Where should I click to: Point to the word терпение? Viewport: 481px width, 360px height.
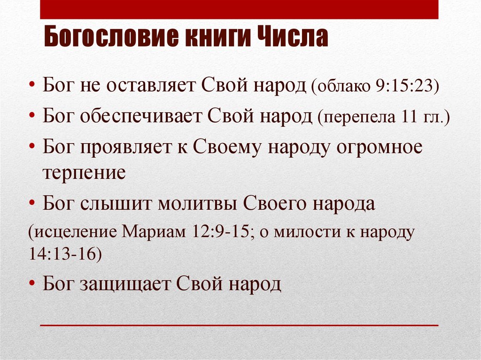pos(84,173)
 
